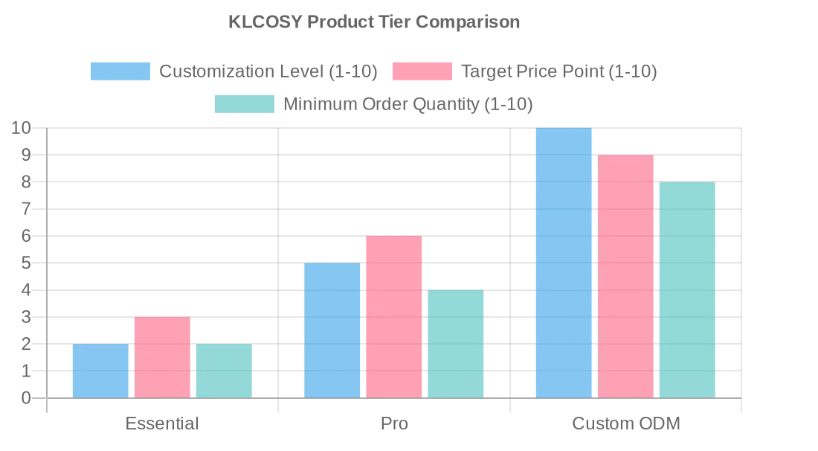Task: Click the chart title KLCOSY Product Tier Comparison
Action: [374, 22]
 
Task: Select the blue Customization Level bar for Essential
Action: [100, 371]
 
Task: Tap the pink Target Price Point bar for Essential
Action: [162, 357]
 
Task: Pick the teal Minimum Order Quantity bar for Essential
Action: [224, 371]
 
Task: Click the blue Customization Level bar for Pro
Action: [332, 330]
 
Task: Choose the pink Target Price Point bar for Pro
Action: [393, 317]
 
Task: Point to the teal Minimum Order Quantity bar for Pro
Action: [455, 344]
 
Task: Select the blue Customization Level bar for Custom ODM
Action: [564, 263]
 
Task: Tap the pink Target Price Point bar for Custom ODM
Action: [625, 276]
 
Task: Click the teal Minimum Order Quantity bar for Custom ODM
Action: [687, 290]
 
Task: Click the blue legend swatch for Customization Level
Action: [120, 71]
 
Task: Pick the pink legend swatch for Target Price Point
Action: [422, 71]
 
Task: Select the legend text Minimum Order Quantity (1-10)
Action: [408, 104]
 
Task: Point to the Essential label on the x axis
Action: [162, 424]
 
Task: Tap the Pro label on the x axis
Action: [394, 424]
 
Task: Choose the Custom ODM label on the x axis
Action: [626, 424]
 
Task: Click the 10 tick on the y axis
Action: [22, 128]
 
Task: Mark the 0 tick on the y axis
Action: [27, 398]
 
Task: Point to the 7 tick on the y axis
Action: [27, 209]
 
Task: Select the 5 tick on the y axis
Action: [27, 263]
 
